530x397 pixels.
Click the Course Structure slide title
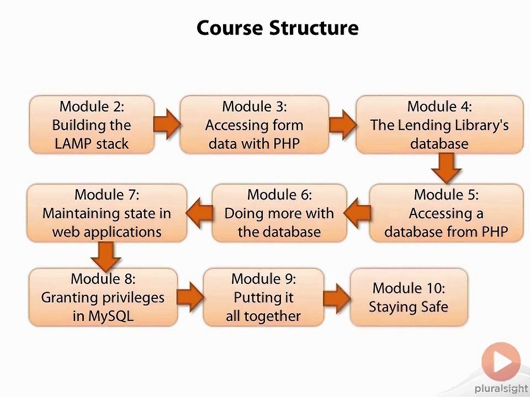(x=277, y=28)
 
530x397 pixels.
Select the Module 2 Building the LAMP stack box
(x=91, y=125)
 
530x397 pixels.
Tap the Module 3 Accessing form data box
(x=254, y=125)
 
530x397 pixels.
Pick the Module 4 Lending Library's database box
(x=439, y=125)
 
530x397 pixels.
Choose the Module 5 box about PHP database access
(x=446, y=213)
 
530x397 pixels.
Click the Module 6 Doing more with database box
(x=279, y=213)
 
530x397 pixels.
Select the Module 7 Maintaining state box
(x=107, y=213)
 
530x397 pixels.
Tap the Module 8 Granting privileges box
(x=103, y=297)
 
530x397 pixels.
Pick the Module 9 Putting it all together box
(x=263, y=297)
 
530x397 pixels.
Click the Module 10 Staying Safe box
(x=409, y=297)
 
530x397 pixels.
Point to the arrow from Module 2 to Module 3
(x=166, y=124)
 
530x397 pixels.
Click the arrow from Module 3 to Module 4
(x=342, y=124)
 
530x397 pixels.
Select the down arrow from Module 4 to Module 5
(x=446, y=168)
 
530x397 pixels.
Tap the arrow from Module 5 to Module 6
(x=358, y=213)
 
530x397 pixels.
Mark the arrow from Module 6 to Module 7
(x=200, y=213)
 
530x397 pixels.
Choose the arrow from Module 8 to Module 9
(x=190, y=297)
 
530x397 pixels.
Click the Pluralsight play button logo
(x=501, y=362)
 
